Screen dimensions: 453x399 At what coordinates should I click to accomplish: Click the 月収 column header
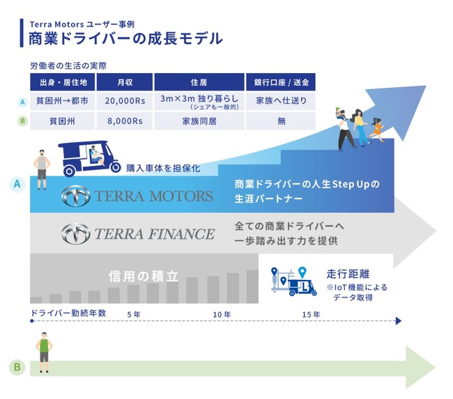pos(125,82)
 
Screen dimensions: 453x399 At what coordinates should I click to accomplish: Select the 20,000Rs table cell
pos(125,101)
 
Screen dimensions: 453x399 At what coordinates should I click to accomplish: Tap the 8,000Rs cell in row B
pos(125,121)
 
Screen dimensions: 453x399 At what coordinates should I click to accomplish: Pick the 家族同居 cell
pos(199,121)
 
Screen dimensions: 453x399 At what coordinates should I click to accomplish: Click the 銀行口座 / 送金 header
pos(281,82)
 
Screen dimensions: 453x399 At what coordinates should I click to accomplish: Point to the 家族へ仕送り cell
pos(281,101)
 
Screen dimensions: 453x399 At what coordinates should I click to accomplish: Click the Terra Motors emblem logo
pos(76,196)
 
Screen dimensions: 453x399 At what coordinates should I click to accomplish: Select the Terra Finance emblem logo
pos(76,233)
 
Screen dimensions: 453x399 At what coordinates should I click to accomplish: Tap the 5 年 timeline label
pos(134,315)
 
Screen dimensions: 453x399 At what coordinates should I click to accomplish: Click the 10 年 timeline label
pos(222,315)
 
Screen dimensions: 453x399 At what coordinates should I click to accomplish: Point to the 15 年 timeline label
pos(311,315)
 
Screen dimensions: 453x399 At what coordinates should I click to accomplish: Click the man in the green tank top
pos(44,352)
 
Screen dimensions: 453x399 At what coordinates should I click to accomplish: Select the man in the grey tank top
pos(42,170)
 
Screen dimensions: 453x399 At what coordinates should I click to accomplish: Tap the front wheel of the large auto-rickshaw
pos(116,167)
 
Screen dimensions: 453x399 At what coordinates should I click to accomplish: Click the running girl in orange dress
pos(376,130)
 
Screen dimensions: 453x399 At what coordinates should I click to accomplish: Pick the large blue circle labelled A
pos(17,185)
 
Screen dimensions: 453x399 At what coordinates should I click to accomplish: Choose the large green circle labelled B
pos(17,367)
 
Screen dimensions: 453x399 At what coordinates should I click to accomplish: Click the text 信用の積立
pos(144,276)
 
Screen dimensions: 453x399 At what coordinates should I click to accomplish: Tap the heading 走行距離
pos(348,274)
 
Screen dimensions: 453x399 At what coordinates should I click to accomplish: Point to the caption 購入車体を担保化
pos(163,168)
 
